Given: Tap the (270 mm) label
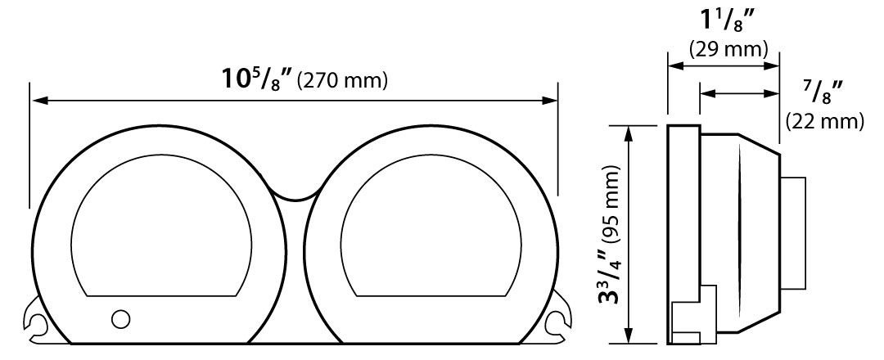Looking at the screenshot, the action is pos(343,81).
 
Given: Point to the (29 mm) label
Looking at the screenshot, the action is pos(728,50).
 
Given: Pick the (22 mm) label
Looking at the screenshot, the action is pos(824,120).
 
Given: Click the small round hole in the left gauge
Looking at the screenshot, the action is pos(120,319).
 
